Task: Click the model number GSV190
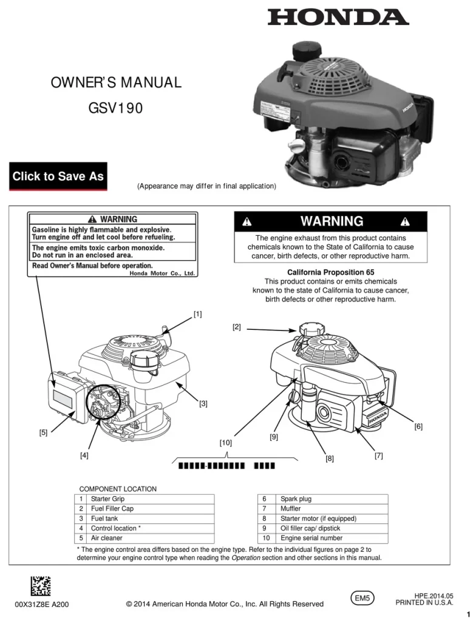coord(115,109)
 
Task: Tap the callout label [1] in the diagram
coord(198,314)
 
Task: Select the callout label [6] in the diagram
coord(418,426)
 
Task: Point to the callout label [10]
coord(225,443)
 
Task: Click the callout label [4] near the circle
coord(84,455)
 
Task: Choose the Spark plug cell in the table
coord(296,499)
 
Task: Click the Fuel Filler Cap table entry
coord(112,509)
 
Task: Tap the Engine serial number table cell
coord(311,538)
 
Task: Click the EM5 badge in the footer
coord(363,597)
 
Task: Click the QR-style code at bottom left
coord(41,586)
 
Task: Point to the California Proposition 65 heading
coord(330,272)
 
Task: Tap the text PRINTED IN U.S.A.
coord(424,603)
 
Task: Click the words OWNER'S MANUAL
coord(115,82)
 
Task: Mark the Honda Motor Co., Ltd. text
coord(162,274)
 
